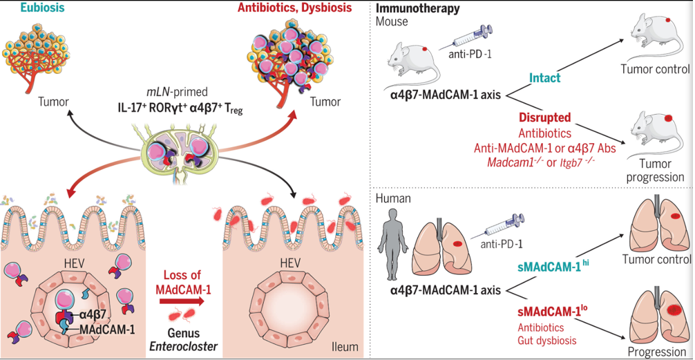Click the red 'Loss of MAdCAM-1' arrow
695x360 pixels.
[x=175, y=302]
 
